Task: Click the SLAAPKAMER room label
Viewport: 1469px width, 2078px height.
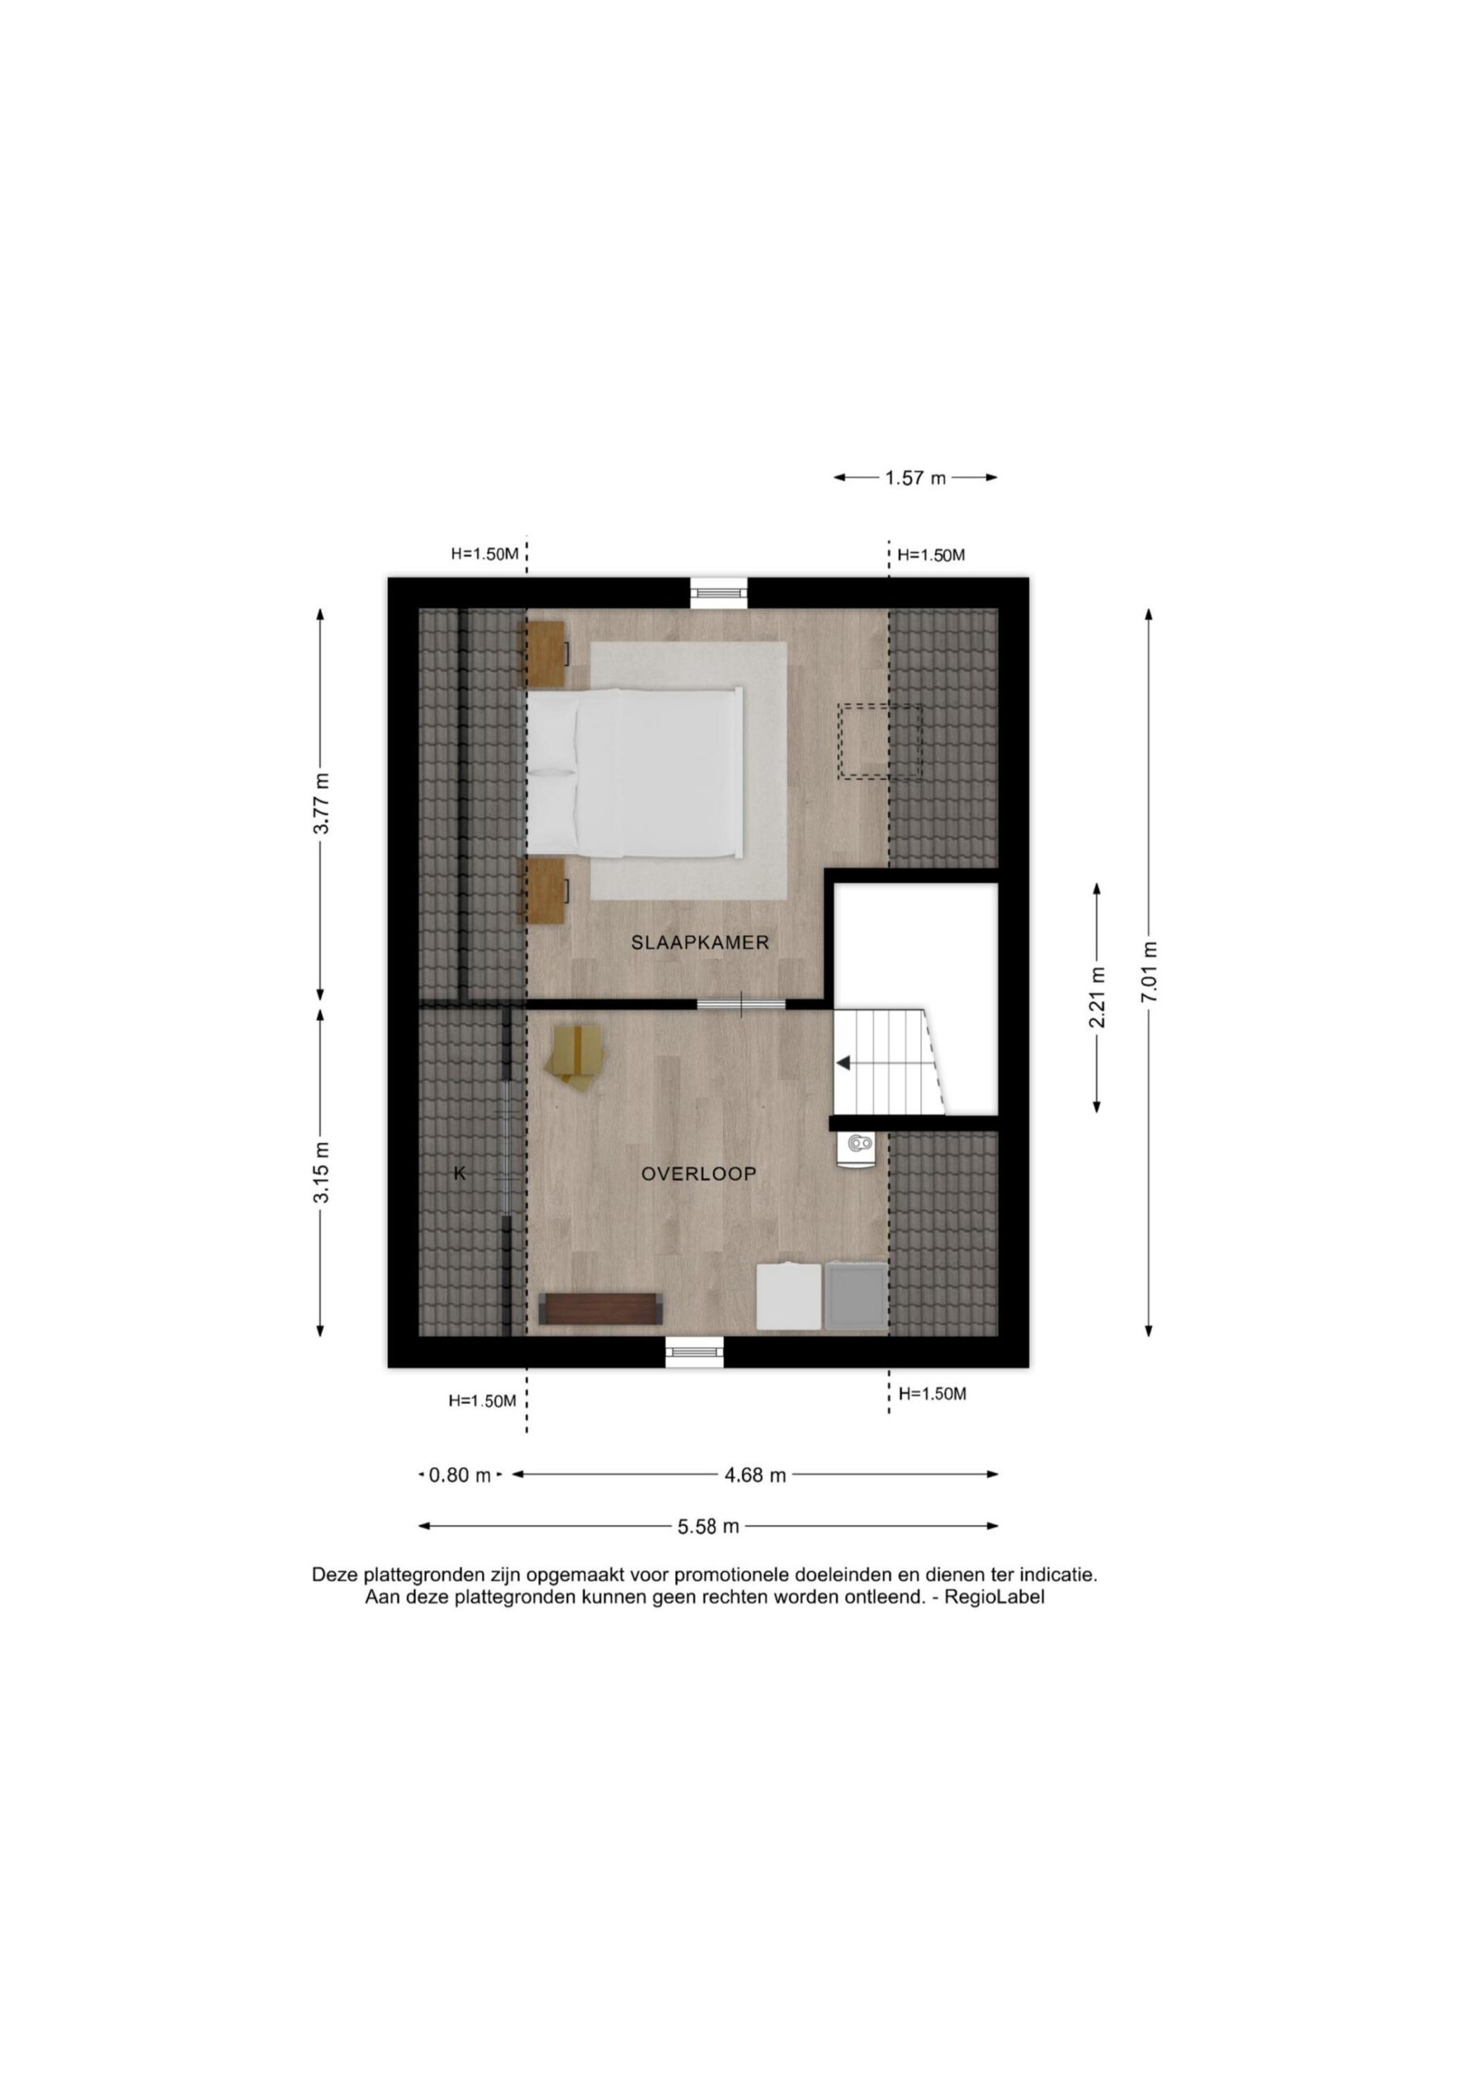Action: click(x=700, y=942)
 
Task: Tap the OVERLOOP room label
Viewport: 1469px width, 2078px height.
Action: click(x=699, y=1174)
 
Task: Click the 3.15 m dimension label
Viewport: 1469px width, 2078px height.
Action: click(x=321, y=1172)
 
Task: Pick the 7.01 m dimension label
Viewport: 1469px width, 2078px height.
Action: click(x=1149, y=972)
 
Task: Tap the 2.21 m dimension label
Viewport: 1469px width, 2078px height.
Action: click(x=1097, y=998)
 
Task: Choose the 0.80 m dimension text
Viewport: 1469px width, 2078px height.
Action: click(x=460, y=1475)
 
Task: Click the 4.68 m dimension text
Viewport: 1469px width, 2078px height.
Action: click(x=755, y=1475)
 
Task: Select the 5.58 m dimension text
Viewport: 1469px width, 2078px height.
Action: click(x=709, y=1527)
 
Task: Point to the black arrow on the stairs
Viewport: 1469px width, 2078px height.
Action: click(x=842, y=1063)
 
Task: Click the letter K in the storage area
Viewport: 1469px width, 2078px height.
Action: click(x=460, y=1174)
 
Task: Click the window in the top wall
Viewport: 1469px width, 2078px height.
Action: click(x=720, y=593)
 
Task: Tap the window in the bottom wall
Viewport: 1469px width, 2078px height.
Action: click(x=695, y=1352)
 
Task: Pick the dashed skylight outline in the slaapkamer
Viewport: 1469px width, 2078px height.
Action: click(x=880, y=742)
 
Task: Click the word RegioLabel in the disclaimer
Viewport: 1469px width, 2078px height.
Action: click(x=994, y=1597)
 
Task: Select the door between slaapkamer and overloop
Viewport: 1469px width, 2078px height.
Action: click(x=741, y=1002)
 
